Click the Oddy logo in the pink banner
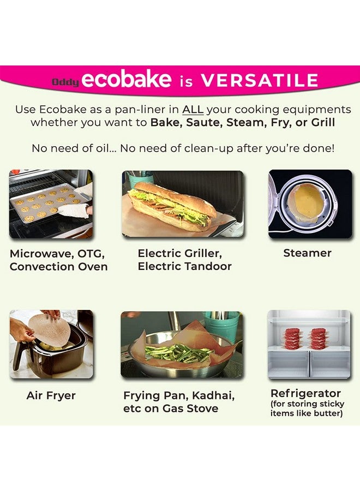click(x=65, y=82)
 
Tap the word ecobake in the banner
click(x=127, y=80)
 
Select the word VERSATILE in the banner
click(x=259, y=81)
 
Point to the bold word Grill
click(x=322, y=122)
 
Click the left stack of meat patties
click(x=292, y=339)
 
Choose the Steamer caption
click(x=307, y=253)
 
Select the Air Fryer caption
click(x=51, y=396)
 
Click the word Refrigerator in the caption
click(x=305, y=393)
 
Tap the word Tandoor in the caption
click(x=207, y=267)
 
